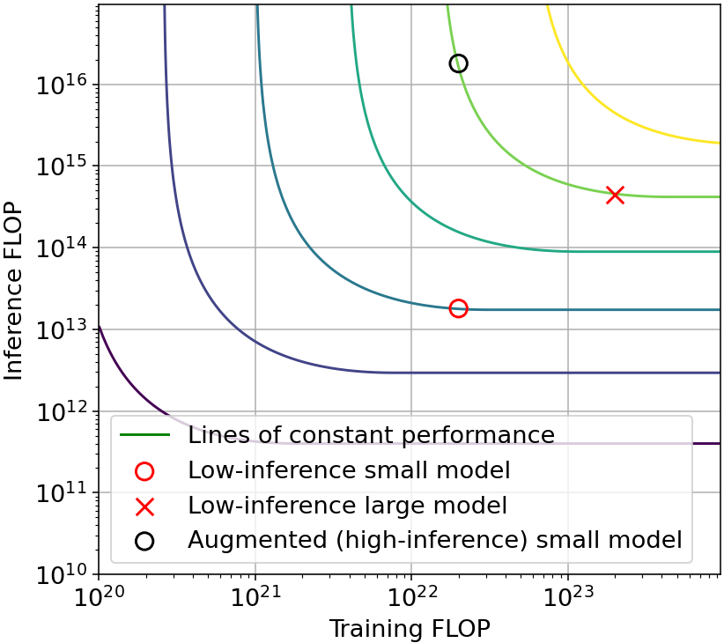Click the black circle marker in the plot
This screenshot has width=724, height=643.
(x=458, y=63)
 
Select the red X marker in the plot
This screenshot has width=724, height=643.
(x=615, y=195)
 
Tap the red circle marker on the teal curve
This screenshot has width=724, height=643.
(x=458, y=308)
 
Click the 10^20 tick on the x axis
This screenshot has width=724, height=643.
(x=99, y=598)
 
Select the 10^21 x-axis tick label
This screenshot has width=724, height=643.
(x=255, y=598)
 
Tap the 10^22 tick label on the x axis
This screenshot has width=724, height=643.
(x=411, y=598)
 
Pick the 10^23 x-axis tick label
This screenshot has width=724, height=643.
(x=568, y=598)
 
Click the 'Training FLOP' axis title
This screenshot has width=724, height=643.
(x=409, y=628)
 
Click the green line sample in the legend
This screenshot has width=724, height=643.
(x=144, y=435)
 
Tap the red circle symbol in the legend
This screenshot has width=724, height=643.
(x=144, y=471)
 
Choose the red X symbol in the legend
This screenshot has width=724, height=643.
(x=144, y=506)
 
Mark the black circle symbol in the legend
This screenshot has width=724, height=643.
(x=144, y=541)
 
